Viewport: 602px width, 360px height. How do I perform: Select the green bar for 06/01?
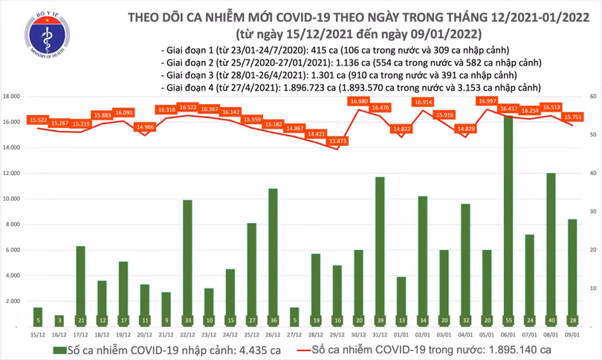pos(508,216)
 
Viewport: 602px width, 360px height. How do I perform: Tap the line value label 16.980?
pos(359,101)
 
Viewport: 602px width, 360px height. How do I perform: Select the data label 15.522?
pos(38,120)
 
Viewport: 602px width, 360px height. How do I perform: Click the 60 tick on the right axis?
pos(591,97)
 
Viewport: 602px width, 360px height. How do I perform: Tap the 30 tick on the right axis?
pos(591,211)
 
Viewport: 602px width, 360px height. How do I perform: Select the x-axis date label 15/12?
pos(37,335)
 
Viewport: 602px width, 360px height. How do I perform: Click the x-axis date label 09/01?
pos(572,335)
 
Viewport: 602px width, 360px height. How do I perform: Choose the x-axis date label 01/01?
pos(401,335)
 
